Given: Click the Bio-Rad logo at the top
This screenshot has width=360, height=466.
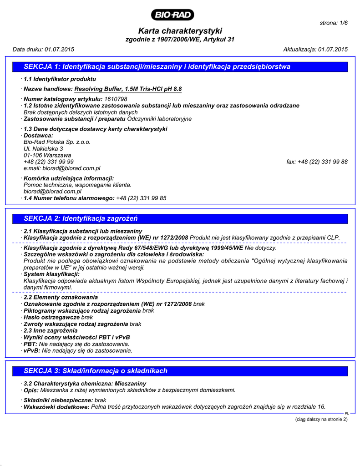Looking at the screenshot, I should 174,15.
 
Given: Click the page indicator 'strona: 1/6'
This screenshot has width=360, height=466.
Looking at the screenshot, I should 334,23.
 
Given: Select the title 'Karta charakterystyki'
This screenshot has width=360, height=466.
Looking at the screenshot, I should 180,31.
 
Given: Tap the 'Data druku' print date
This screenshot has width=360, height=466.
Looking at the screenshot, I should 43,49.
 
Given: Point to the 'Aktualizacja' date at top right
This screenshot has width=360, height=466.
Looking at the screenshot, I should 315,49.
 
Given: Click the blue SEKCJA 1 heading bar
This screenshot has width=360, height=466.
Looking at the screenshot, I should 180,67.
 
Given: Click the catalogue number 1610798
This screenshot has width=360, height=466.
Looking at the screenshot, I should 116,99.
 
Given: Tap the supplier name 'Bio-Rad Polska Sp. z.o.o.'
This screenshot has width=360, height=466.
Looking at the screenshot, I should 57,142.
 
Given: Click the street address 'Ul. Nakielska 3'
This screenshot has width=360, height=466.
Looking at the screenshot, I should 43,148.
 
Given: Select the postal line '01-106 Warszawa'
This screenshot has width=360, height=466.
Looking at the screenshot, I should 47,155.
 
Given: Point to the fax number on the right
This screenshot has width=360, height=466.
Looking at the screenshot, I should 317,162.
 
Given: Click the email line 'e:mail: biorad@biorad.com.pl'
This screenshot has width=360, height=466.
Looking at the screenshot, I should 62,168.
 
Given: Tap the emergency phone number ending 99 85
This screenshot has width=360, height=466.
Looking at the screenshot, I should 141,198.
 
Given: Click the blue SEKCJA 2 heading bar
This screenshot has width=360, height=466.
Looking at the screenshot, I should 180,219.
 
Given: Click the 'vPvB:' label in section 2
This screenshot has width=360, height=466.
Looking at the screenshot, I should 32,351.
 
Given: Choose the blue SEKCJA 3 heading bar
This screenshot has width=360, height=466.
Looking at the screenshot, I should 180,371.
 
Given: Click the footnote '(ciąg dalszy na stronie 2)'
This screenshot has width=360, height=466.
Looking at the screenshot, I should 321,419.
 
